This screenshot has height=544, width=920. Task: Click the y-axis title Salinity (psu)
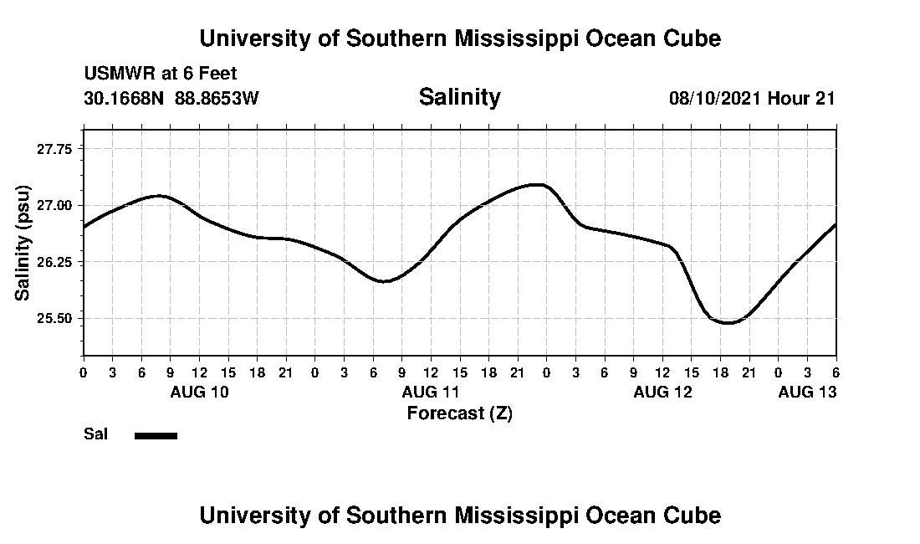pyautogui.click(x=23, y=243)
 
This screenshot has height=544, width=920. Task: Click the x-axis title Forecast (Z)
pyautogui.click(x=459, y=413)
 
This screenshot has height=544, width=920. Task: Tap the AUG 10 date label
pyautogui.click(x=199, y=392)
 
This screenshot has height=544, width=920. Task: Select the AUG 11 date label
pyautogui.click(x=431, y=392)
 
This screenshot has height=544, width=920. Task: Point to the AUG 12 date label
pyautogui.click(x=662, y=392)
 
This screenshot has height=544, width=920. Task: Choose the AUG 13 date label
pyautogui.click(x=807, y=392)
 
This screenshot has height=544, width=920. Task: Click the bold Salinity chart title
pyautogui.click(x=459, y=97)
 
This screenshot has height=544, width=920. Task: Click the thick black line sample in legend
pyautogui.click(x=156, y=435)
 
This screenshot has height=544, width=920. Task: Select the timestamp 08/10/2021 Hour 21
pyautogui.click(x=752, y=98)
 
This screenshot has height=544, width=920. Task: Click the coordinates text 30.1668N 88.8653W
pyautogui.click(x=171, y=98)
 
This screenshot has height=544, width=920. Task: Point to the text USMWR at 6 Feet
pyautogui.click(x=161, y=74)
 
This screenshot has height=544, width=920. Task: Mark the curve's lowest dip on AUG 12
pyautogui.click(x=728, y=322)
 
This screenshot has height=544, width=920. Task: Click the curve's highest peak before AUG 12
pyautogui.click(x=538, y=184)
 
